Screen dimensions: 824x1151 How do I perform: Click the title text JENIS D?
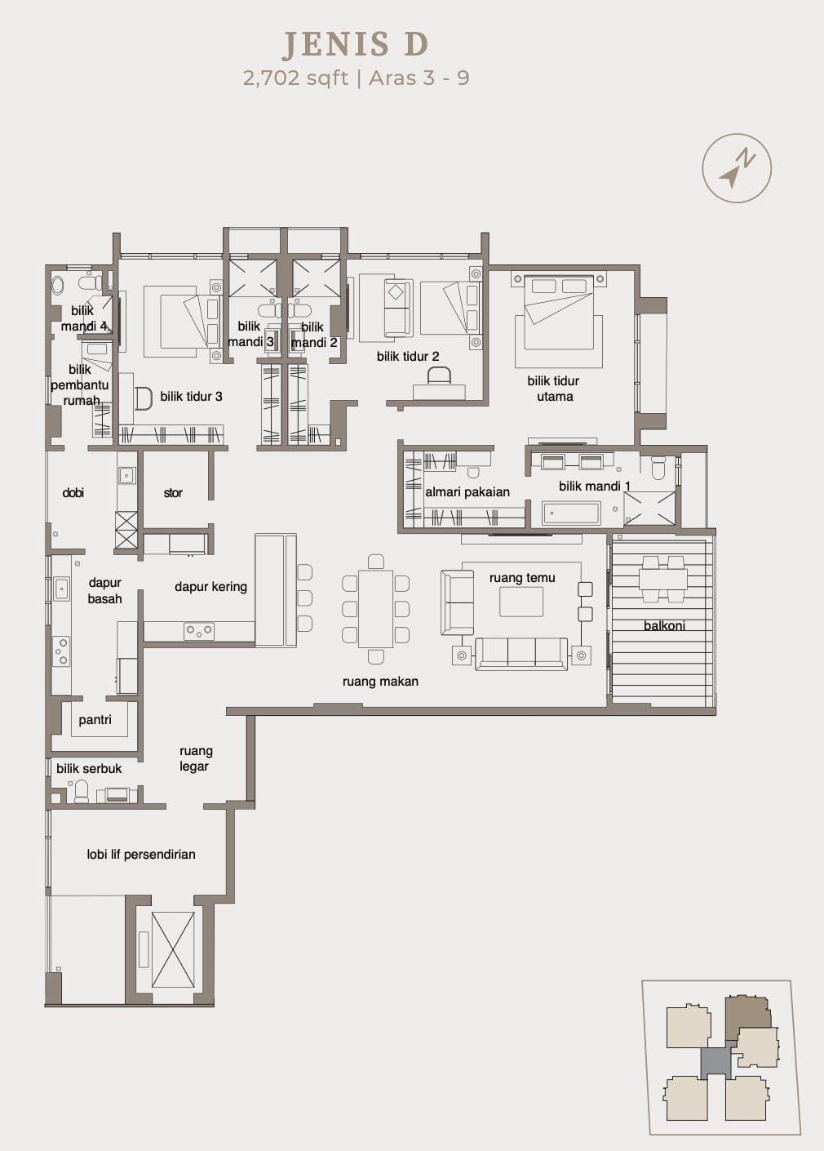[355, 44]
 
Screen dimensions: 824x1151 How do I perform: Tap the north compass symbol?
[737, 168]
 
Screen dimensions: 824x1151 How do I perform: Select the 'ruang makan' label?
[380, 682]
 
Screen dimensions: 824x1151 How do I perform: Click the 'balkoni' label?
[664, 626]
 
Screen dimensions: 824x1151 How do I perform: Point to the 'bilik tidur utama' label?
[553, 389]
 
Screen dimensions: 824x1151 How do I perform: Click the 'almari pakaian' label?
[467, 492]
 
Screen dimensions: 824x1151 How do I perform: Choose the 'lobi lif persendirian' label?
[141, 855]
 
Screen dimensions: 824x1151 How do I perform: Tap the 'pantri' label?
[95, 720]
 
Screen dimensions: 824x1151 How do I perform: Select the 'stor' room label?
[173, 493]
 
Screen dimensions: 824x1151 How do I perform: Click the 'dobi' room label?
[73, 493]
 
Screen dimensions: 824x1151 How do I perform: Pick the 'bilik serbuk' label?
[89, 769]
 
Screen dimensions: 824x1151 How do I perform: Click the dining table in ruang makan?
[376, 609]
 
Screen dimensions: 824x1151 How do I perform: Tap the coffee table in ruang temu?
[521, 602]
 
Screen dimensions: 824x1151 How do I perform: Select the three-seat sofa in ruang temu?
[521, 654]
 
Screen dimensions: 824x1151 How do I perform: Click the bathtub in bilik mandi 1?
[571, 513]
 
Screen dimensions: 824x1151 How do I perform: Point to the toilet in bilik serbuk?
[82, 791]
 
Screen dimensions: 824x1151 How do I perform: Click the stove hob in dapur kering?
[199, 630]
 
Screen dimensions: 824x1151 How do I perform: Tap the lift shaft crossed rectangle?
[173, 950]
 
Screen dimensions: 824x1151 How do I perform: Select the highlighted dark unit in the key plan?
[747, 1019]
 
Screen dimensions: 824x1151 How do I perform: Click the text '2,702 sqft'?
[295, 78]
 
